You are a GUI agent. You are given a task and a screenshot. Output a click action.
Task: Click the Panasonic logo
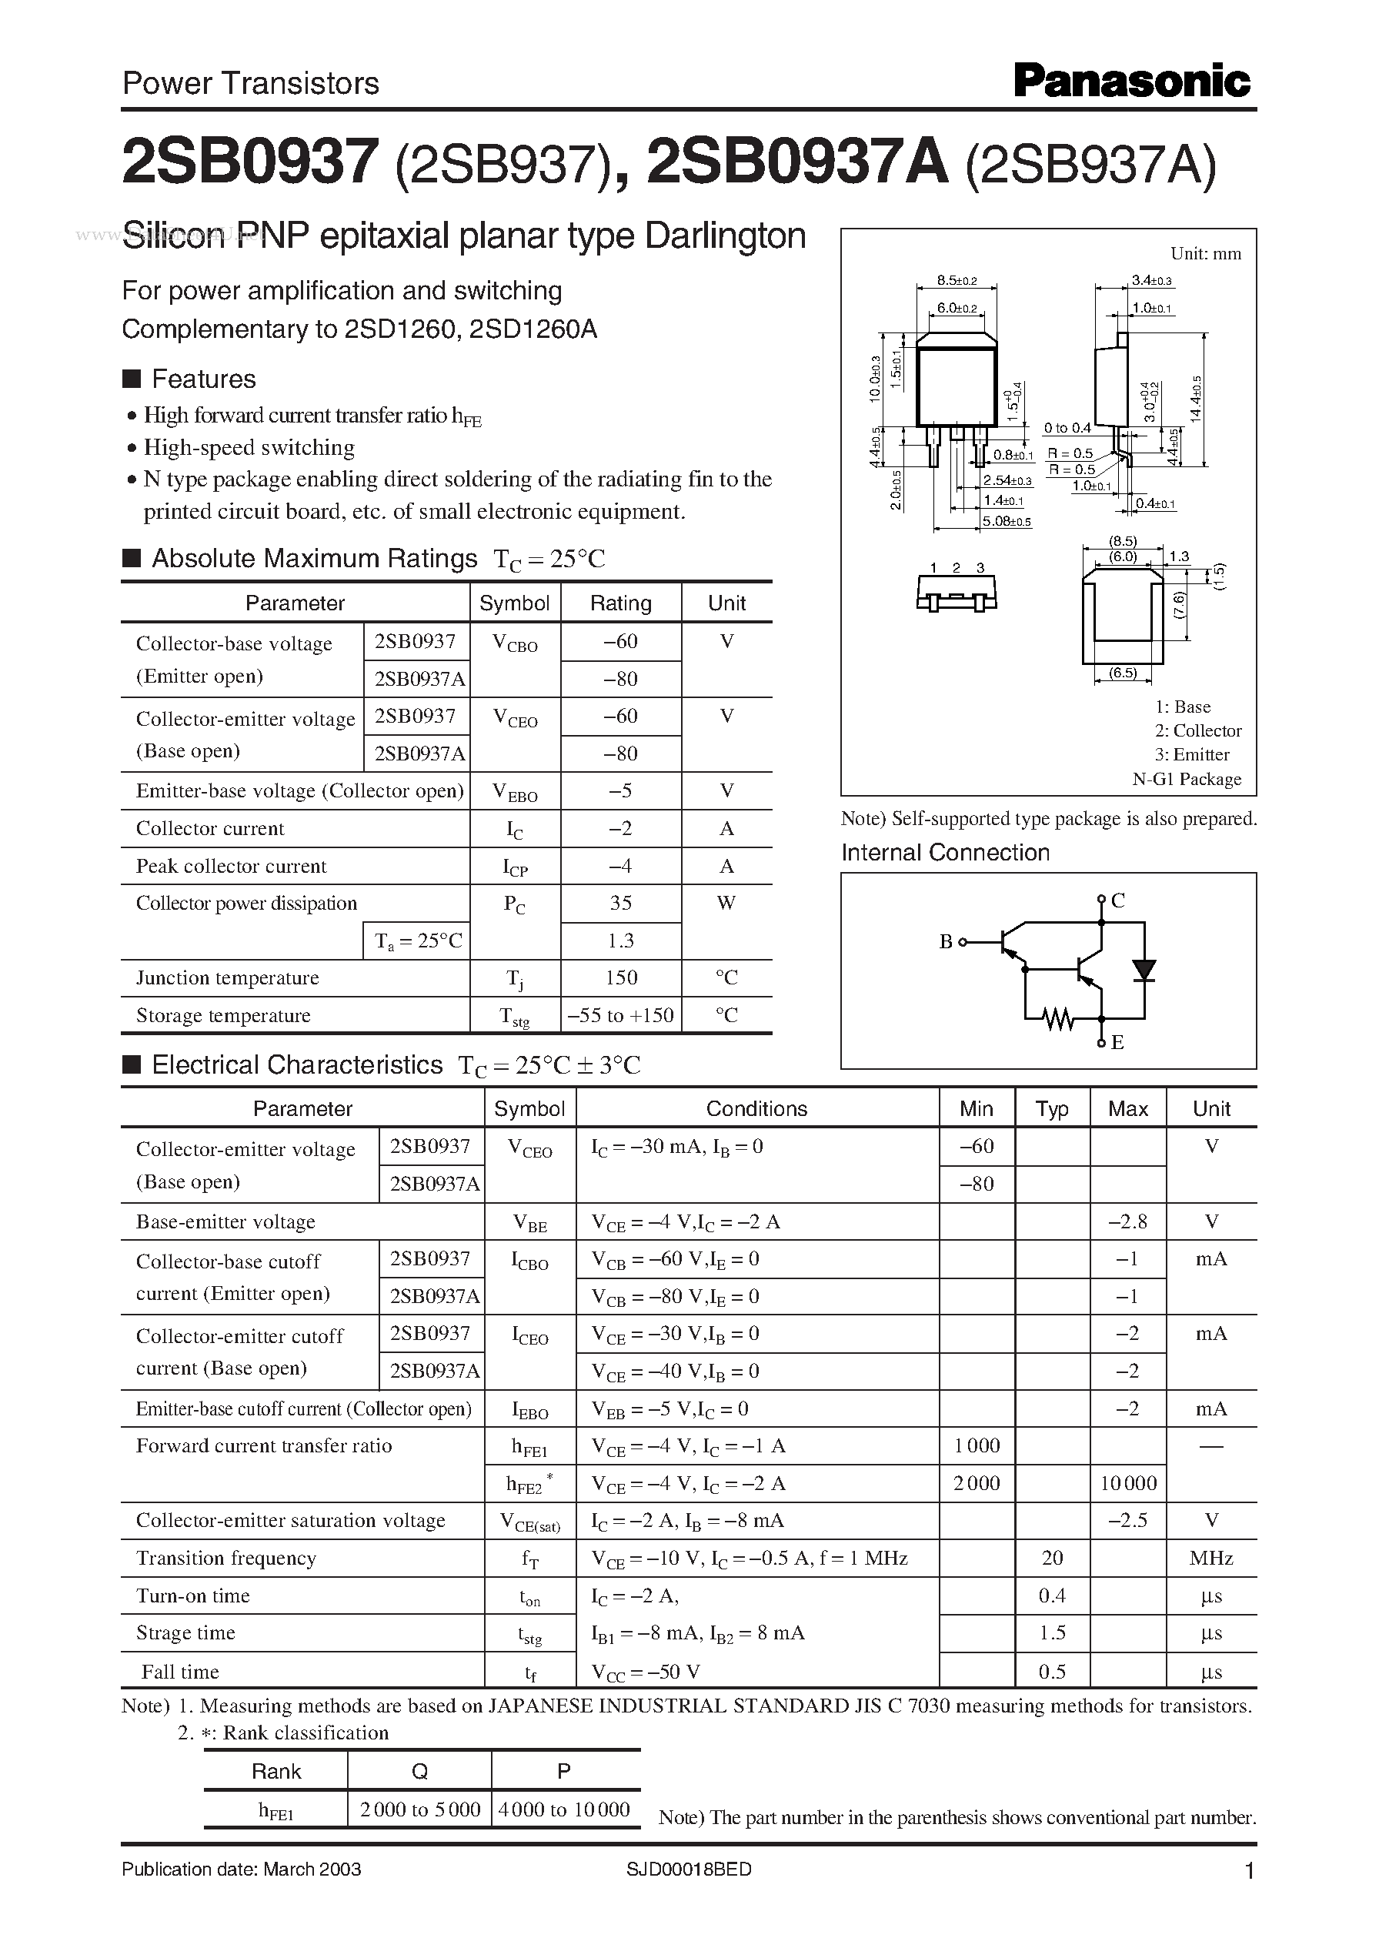1131,82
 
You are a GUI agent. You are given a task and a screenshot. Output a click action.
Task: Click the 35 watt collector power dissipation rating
621,903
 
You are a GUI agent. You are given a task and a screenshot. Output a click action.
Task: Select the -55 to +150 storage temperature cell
621,1014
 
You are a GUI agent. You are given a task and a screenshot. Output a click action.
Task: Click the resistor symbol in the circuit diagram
1058,1018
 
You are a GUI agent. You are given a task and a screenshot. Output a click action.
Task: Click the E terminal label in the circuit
1117,1042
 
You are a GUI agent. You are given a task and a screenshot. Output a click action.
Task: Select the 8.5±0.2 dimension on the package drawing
957,280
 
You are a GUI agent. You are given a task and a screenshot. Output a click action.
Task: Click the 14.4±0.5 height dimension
1197,399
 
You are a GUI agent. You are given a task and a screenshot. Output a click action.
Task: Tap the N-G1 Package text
1187,779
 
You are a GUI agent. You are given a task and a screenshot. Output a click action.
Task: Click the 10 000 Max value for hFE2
1127,1483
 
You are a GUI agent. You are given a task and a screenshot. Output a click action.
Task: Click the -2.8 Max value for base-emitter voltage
1127,1222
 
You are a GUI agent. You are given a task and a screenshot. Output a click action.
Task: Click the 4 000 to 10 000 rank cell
565,1809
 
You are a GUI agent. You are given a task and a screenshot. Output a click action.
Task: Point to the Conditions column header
756,1109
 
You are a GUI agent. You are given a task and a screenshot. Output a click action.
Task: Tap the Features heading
203,379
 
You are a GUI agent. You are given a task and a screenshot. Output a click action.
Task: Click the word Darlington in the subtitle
725,236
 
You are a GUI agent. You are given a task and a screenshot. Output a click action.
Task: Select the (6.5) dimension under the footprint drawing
1123,673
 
